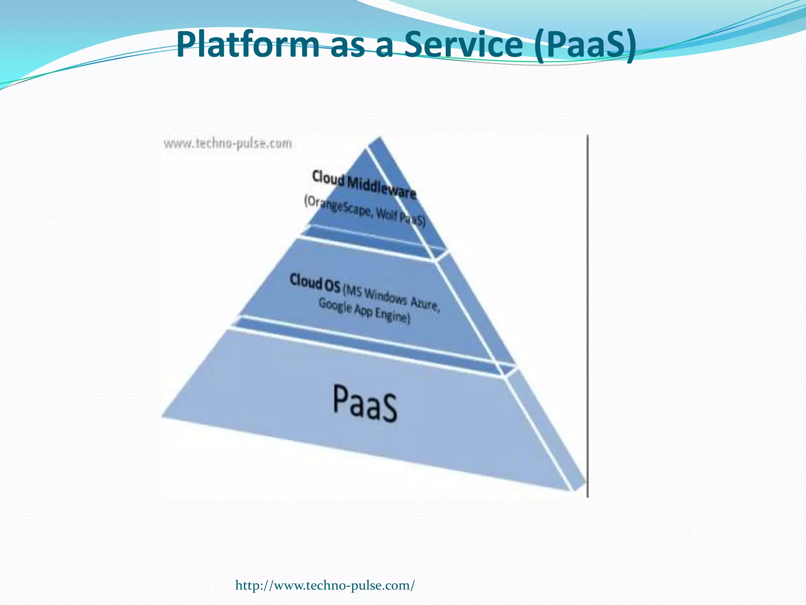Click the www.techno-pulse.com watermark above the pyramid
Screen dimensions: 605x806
228,143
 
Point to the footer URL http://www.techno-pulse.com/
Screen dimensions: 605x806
325,585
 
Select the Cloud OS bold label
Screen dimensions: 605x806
315,283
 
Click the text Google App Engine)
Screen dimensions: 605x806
364,311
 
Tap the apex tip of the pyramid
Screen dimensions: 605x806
379,137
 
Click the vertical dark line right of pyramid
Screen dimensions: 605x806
588,315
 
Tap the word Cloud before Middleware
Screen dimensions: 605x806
328,178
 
